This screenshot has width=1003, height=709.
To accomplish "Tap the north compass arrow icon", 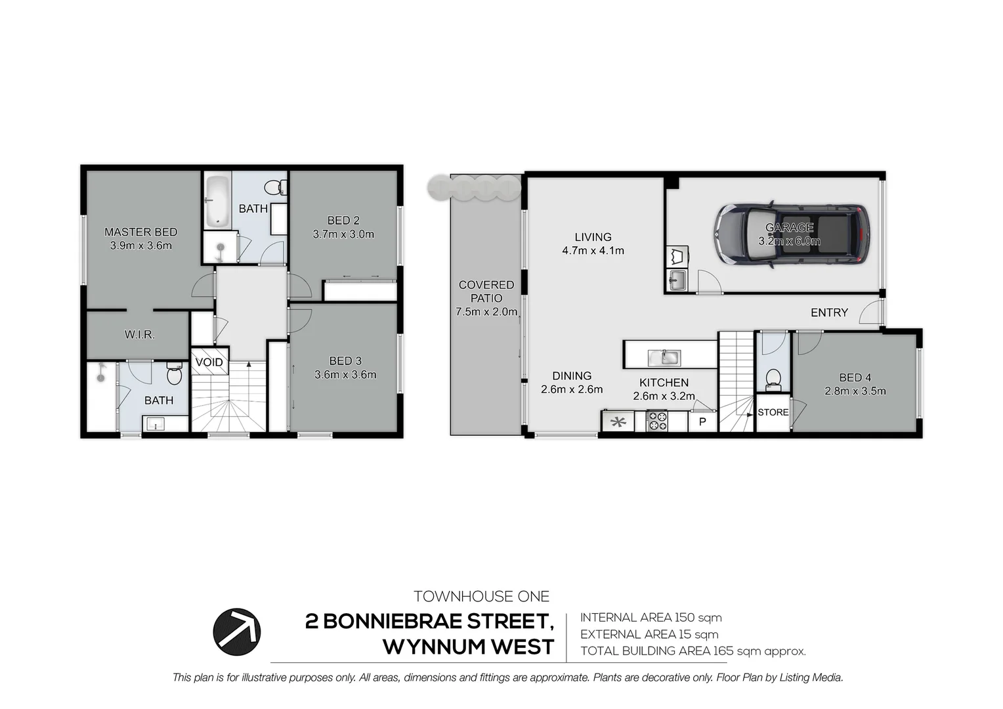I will coord(236,632).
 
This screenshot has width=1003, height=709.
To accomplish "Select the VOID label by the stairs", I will coord(209,362).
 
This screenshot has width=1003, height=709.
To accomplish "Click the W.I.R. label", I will coord(140,335).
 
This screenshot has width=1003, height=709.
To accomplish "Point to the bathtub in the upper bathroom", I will coord(217,200).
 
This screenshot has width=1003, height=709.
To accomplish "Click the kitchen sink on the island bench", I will coord(664,358).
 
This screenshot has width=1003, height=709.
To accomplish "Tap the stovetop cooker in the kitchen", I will coord(657,421).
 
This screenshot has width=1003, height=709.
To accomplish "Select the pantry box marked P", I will coord(702,421).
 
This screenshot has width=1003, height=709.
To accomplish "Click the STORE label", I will coord(773,412).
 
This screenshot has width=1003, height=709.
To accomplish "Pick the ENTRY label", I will coord(829,312).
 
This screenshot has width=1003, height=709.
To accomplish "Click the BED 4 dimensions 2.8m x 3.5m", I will coord(855,391).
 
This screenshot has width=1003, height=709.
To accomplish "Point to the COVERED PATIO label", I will coord(486,291).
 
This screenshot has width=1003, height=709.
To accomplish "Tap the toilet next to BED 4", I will coord(773,379).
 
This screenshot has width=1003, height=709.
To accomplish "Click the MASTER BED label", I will coord(140,232).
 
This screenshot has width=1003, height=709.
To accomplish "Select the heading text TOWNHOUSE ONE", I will coord(481,597).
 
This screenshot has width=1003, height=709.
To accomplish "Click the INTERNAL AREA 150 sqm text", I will coord(651,618).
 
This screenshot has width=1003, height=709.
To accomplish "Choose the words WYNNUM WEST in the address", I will coord(469,647).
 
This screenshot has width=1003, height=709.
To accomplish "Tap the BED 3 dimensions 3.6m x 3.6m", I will coord(345,375).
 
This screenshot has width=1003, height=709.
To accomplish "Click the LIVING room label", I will coord(593,237).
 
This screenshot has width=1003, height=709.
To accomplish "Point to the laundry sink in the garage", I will coord(677,281).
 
